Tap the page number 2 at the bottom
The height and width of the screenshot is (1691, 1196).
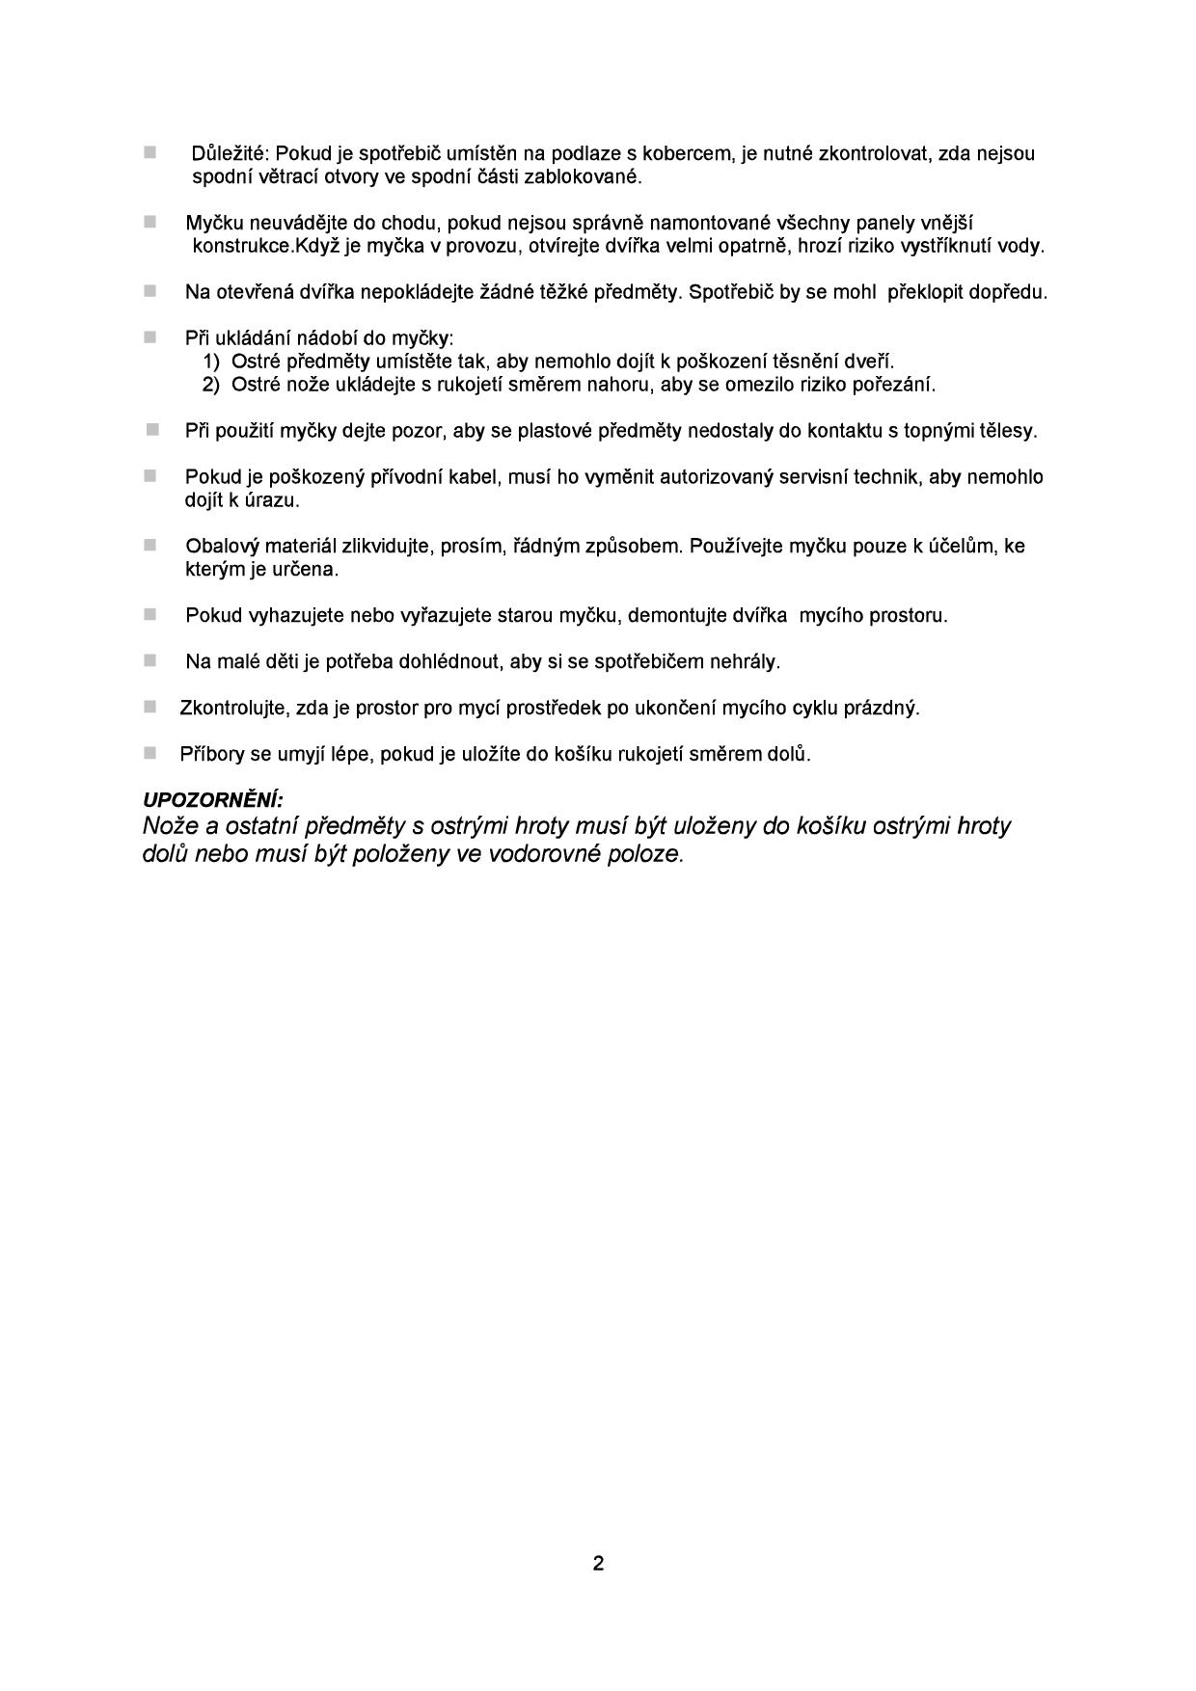[x=598, y=1563]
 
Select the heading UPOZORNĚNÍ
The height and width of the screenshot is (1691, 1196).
[x=212, y=800]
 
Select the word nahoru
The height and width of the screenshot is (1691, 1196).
[x=621, y=385]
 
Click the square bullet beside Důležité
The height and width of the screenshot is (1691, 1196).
[x=149, y=152]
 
